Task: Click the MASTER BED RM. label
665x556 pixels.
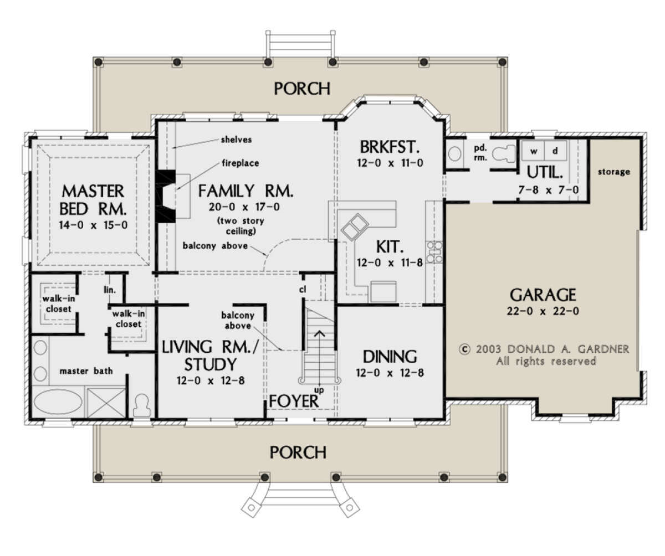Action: (93, 200)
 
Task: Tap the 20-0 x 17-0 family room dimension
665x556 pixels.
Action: (244, 207)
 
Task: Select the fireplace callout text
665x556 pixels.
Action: (241, 163)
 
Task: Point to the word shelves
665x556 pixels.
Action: (236, 140)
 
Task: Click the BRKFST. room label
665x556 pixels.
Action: (390, 147)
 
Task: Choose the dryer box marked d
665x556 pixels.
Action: (556, 151)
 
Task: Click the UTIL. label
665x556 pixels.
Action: (545, 173)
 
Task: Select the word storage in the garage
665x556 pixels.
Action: (613, 172)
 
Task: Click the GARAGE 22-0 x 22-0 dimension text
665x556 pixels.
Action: (543, 311)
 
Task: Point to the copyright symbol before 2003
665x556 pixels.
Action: (464, 349)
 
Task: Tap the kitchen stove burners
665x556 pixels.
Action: (434, 252)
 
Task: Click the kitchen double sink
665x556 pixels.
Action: (355, 226)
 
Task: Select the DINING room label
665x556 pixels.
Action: (390, 357)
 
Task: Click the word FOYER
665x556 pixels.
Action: (294, 401)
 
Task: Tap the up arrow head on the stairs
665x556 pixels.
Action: (319, 333)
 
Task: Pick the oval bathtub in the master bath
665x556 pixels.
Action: (58, 401)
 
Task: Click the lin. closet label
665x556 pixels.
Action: (110, 290)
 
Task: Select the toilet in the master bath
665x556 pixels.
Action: (141, 405)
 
